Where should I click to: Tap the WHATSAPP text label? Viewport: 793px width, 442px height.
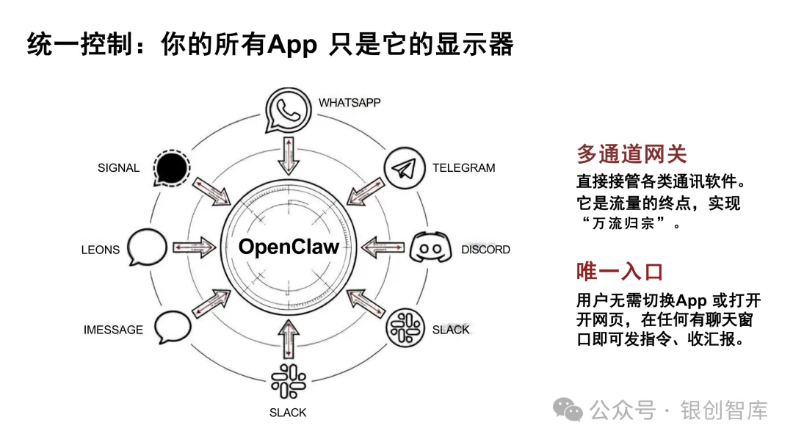click(350, 103)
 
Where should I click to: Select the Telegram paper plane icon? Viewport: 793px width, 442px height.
click(405, 169)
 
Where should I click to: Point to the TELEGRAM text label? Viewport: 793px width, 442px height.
click(463, 167)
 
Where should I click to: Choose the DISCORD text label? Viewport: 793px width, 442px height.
click(485, 250)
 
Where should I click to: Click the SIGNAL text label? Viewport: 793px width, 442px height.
click(118, 168)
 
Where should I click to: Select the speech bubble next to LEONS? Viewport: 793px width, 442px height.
click(147, 248)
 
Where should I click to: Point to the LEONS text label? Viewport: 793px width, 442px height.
click(100, 250)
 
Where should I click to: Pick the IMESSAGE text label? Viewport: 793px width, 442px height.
click(113, 330)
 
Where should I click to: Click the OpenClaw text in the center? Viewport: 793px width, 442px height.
click(289, 247)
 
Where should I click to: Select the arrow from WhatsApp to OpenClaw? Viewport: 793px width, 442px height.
click(288, 156)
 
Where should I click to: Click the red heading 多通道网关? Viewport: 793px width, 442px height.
click(631, 154)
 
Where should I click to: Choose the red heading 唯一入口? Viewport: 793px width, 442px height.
click(620, 272)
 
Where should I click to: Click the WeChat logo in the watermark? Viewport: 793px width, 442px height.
click(568, 410)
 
